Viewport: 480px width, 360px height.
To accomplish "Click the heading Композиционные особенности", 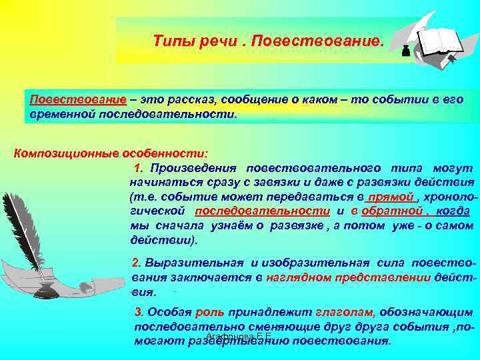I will click(111, 153).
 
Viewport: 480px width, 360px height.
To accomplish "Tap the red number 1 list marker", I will click(138, 167).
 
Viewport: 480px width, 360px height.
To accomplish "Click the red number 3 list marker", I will click(139, 311).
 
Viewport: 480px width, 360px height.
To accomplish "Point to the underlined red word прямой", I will click(392, 197).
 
